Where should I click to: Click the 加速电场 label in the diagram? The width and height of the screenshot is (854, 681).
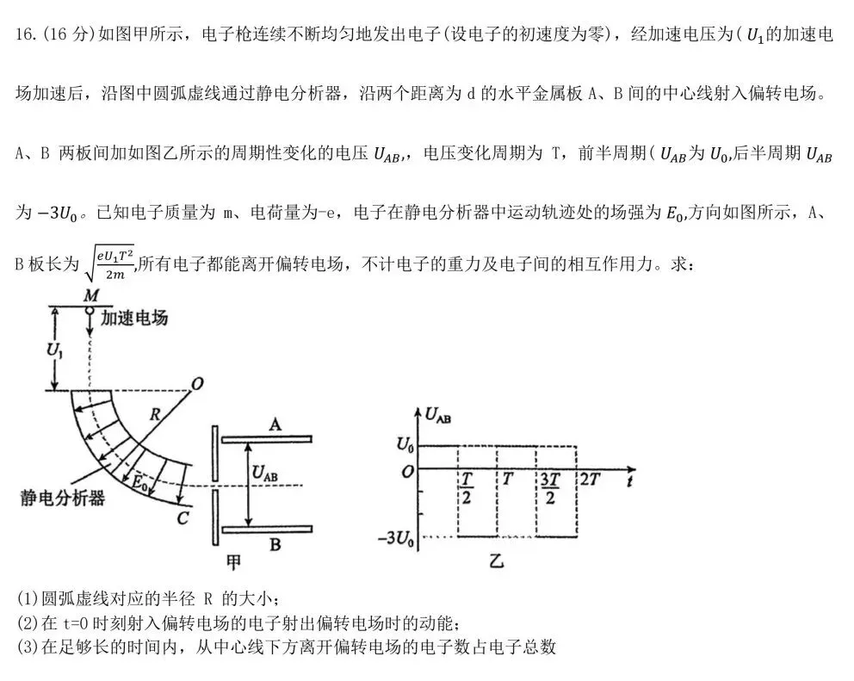point(133,318)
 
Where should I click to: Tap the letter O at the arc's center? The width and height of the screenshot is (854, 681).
point(197,385)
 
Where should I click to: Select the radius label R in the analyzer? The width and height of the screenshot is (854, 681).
point(154,414)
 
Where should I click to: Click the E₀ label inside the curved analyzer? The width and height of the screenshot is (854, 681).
point(137,483)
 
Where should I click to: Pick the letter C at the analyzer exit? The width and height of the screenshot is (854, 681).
point(183,517)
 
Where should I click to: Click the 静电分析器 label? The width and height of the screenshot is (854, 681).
point(62,498)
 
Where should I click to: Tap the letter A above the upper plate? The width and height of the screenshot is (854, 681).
point(275,424)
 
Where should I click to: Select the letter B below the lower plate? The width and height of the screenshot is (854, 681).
point(276,543)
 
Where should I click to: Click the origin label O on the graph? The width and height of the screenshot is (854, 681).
point(408,470)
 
